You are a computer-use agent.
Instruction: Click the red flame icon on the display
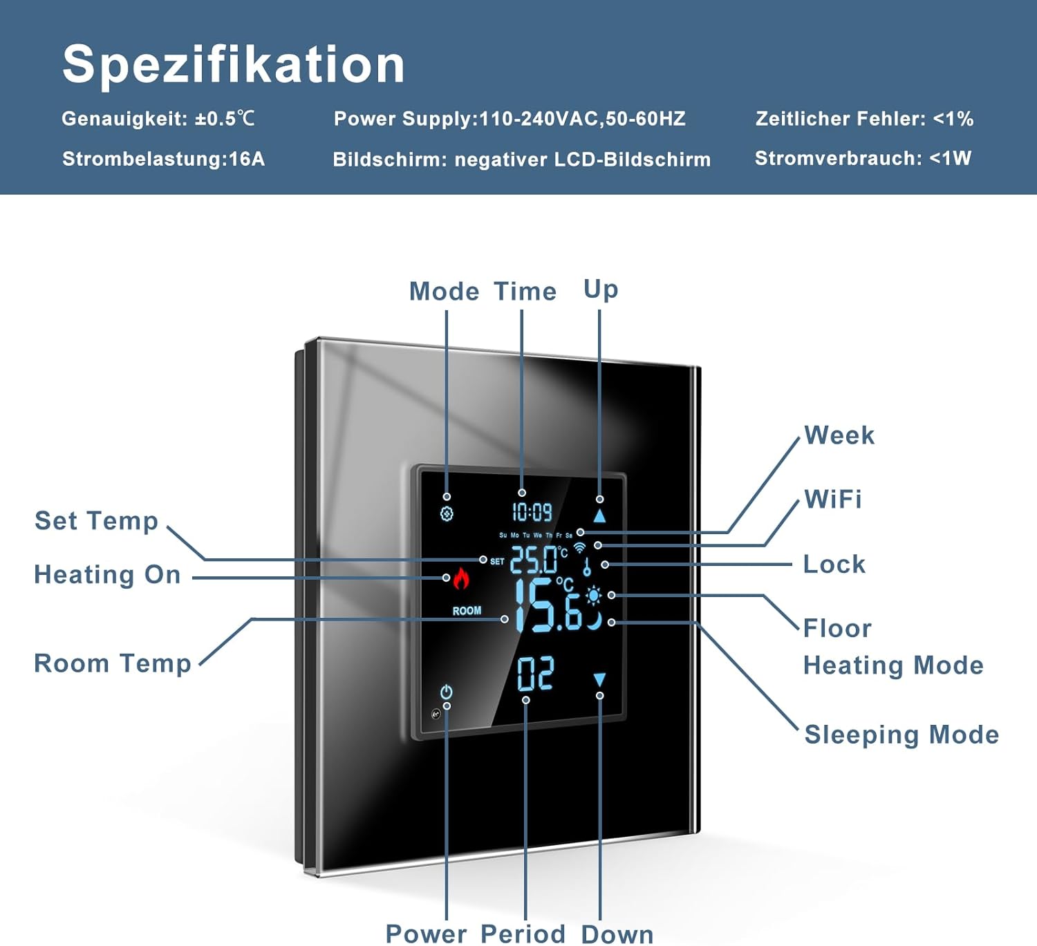click(x=461, y=578)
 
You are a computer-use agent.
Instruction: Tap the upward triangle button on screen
click(x=599, y=516)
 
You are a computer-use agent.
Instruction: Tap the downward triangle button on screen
click(x=599, y=679)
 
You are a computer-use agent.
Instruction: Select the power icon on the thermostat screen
click(x=446, y=691)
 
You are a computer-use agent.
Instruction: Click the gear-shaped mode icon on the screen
click(x=447, y=514)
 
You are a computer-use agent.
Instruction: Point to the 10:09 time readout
click(x=532, y=512)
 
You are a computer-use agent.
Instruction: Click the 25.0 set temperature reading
click(x=534, y=560)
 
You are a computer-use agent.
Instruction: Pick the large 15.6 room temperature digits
click(x=548, y=605)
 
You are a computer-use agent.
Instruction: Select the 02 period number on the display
click(x=536, y=674)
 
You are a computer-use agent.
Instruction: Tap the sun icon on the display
click(x=593, y=596)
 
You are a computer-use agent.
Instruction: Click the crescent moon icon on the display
click(x=595, y=621)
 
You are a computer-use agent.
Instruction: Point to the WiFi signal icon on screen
click(x=579, y=547)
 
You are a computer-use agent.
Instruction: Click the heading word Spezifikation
click(x=233, y=64)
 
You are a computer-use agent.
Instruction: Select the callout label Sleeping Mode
click(x=901, y=735)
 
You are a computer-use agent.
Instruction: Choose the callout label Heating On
click(x=108, y=575)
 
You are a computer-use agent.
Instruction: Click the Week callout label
click(x=839, y=435)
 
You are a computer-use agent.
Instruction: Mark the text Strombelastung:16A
click(x=163, y=159)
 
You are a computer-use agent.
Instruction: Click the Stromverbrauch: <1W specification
click(x=863, y=158)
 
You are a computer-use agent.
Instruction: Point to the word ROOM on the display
click(x=467, y=611)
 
